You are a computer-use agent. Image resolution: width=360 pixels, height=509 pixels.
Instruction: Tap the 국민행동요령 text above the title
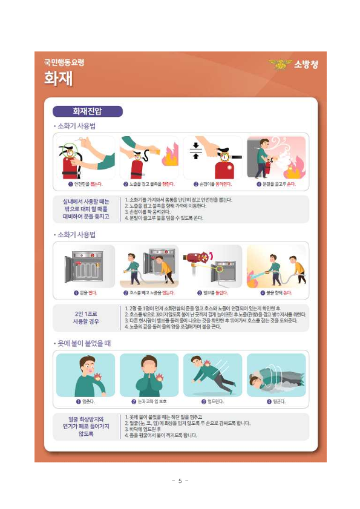pyautogui.click(x=64, y=62)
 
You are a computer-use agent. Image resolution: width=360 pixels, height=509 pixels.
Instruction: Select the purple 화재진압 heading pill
pyautogui.click(x=88, y=111)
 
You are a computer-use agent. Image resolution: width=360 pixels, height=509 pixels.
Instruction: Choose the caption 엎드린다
pyautogui.click(x=213, y=401)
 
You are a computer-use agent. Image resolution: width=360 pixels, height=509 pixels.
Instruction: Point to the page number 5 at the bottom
pyautogui.click(x=180, y=481)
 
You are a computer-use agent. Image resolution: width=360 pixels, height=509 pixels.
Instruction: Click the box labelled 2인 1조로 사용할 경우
pyautogui.click(x=85, y=318)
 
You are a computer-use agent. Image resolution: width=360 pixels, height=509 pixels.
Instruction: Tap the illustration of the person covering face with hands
pyautogui.click(x=149, y=375)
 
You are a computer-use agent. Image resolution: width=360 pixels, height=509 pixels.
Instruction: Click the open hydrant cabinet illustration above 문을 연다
pyautogui.click(x=85, y=266)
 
